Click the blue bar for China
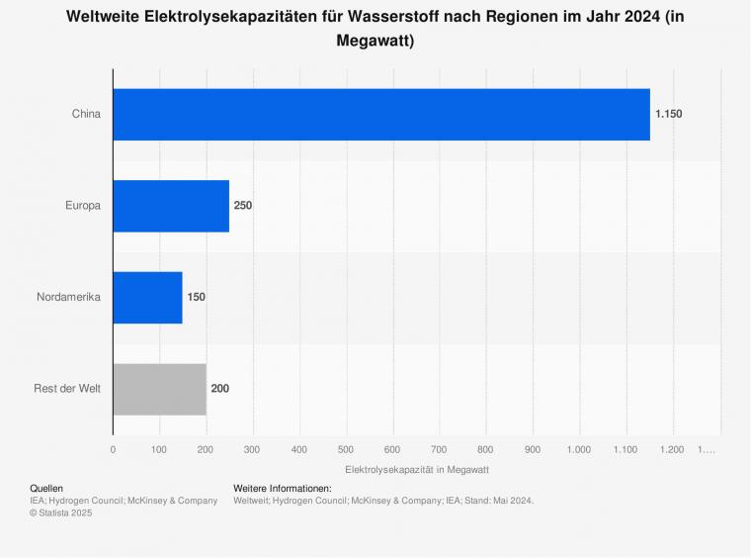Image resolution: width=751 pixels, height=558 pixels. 381,114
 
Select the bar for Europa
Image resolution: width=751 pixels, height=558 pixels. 171,206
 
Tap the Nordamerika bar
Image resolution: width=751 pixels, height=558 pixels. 147,297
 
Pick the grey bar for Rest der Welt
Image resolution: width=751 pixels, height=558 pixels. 159,389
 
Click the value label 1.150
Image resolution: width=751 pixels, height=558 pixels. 668,114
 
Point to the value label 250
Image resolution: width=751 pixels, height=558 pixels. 243,206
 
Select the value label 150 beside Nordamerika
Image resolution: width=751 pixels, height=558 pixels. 197,297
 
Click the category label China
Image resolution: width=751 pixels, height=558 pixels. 86,114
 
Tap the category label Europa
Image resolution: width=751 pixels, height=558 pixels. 82,206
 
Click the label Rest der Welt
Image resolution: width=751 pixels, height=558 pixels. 67,389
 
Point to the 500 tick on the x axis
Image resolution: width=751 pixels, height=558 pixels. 346,450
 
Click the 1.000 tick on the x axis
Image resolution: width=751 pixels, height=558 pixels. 579,450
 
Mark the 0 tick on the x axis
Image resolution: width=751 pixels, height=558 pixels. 113,450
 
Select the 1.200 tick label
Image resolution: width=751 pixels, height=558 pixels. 672,450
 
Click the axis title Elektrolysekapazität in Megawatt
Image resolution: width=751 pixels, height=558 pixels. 417,469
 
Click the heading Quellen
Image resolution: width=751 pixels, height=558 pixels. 46,489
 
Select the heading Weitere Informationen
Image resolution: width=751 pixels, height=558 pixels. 283,489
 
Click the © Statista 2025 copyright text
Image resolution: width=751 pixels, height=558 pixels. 61,512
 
